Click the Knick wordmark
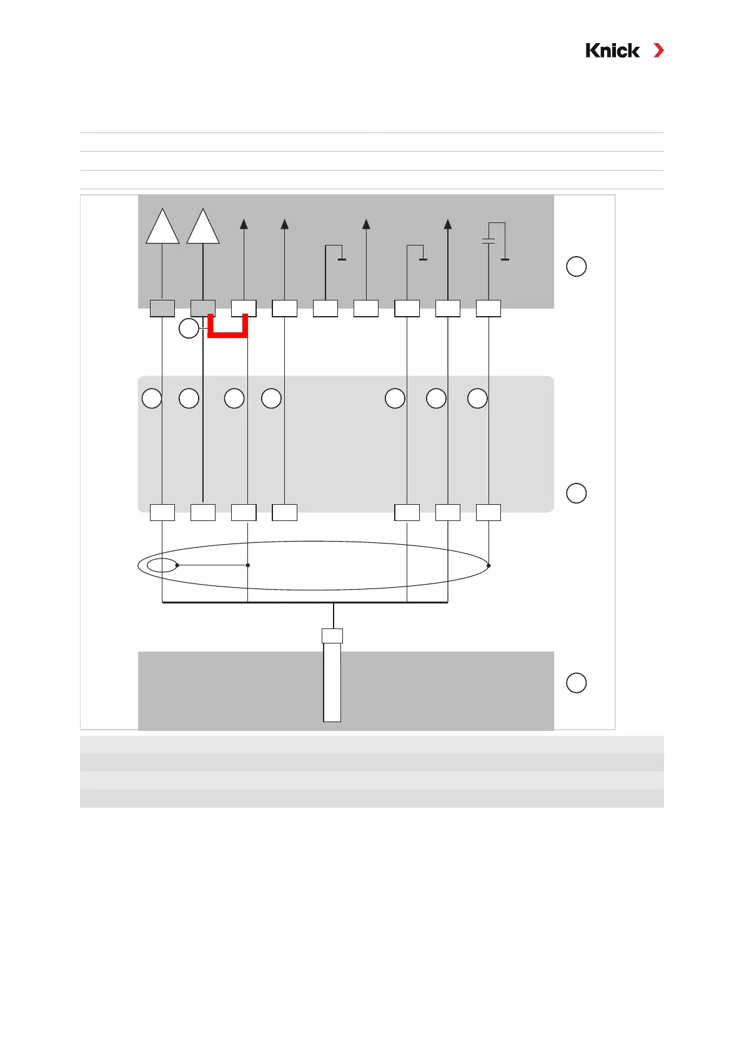[x=612, y=51]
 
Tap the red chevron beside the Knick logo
[x=658, y=51]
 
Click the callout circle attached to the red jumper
[x=189, y=328]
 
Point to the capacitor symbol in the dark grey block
[x=489, y=241]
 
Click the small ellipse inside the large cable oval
[x=162, y=565]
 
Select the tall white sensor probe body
[x=332, y=682]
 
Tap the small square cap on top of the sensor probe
[x=332, y=636]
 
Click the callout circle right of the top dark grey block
[x=576, y=267]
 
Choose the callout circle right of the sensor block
[x=576, y=682]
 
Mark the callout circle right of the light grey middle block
[x=576, y=493]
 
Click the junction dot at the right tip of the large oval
[x=489, y=565]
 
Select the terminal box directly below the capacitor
[x=489, y=309]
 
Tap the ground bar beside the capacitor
[x=505, y=259]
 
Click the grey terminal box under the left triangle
[x=162, y=309]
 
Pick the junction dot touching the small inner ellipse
[x=177, y=565]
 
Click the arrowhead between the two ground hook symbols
[x=367, y=224]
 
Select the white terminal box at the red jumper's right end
[x=244, y=309]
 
